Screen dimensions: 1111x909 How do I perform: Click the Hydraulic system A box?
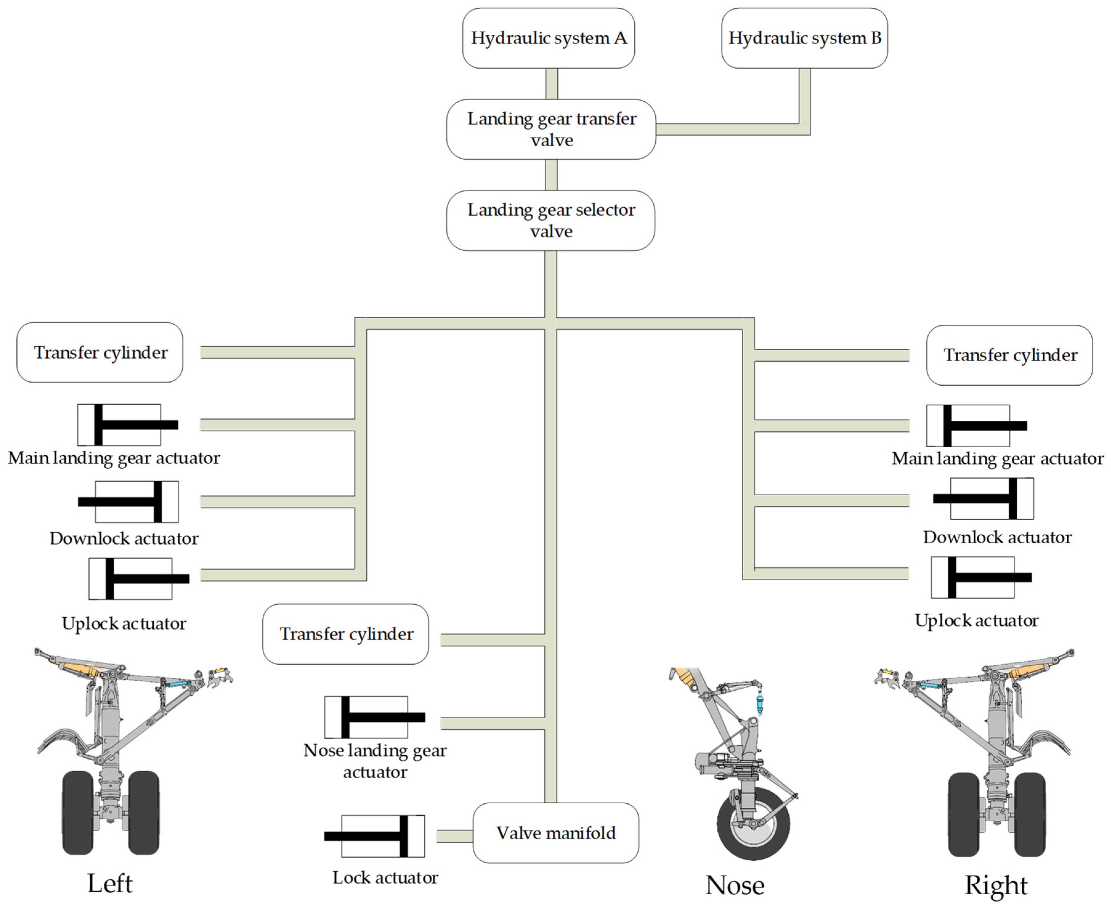548,38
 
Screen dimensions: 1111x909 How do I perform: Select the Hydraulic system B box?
804,38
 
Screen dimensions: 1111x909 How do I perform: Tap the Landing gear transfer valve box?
551,129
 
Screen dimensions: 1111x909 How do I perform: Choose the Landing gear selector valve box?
551,221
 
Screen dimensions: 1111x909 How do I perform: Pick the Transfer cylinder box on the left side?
100,352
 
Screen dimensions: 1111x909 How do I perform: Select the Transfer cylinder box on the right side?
1009,355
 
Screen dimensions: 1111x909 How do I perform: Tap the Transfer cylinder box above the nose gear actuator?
345,634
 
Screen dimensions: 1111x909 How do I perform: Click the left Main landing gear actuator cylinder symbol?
128,425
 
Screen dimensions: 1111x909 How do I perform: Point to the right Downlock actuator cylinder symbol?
983,498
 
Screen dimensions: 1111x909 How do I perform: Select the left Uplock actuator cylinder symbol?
139,578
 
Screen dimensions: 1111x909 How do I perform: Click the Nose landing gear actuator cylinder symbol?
375,717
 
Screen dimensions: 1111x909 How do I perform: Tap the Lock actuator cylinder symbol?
374,836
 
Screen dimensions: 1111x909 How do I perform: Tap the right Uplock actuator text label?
976,620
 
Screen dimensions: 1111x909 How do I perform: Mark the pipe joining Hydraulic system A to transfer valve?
551,84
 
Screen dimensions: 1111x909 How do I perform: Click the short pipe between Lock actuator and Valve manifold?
455,836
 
